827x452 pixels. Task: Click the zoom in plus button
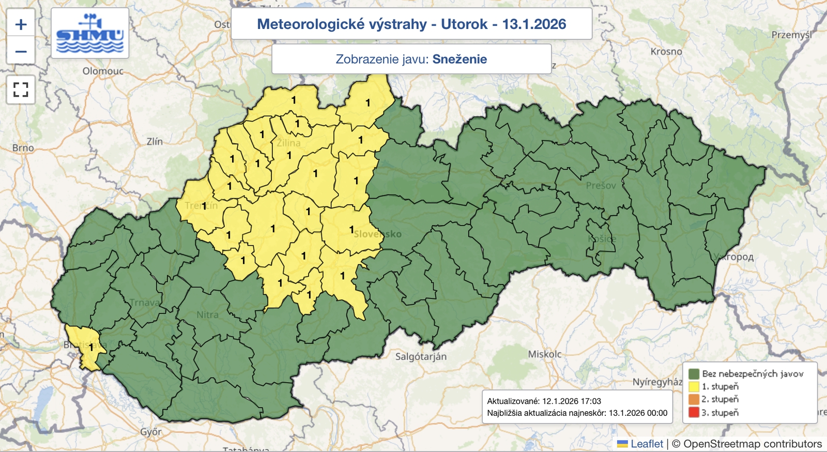[x=21, y=24]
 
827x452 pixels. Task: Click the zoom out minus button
[x=21, y=51]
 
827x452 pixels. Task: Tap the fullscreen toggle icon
[x=21, y=90]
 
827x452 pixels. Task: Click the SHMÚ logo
[x=90, y=33]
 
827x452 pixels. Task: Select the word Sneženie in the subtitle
[x=460, y=59]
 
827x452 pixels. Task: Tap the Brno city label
[x=23, y=148]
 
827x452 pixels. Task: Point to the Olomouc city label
[x=103, y=71]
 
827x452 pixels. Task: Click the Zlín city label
[x=155, y=141]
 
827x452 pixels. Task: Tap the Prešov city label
[x=601, y=185]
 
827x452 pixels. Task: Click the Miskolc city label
[x=545, y=354]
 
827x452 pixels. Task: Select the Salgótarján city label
[x=421, y=356]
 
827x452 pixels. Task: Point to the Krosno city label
[x=666, y=52]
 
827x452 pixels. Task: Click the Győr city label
[x=151, y=431]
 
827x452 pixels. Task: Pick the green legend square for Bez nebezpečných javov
[x=694, y=373]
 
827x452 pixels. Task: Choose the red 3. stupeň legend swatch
[x=694, y=413]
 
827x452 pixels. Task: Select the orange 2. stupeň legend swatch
[x=694, y=399]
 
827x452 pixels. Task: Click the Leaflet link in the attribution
[x=646, y=444]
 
